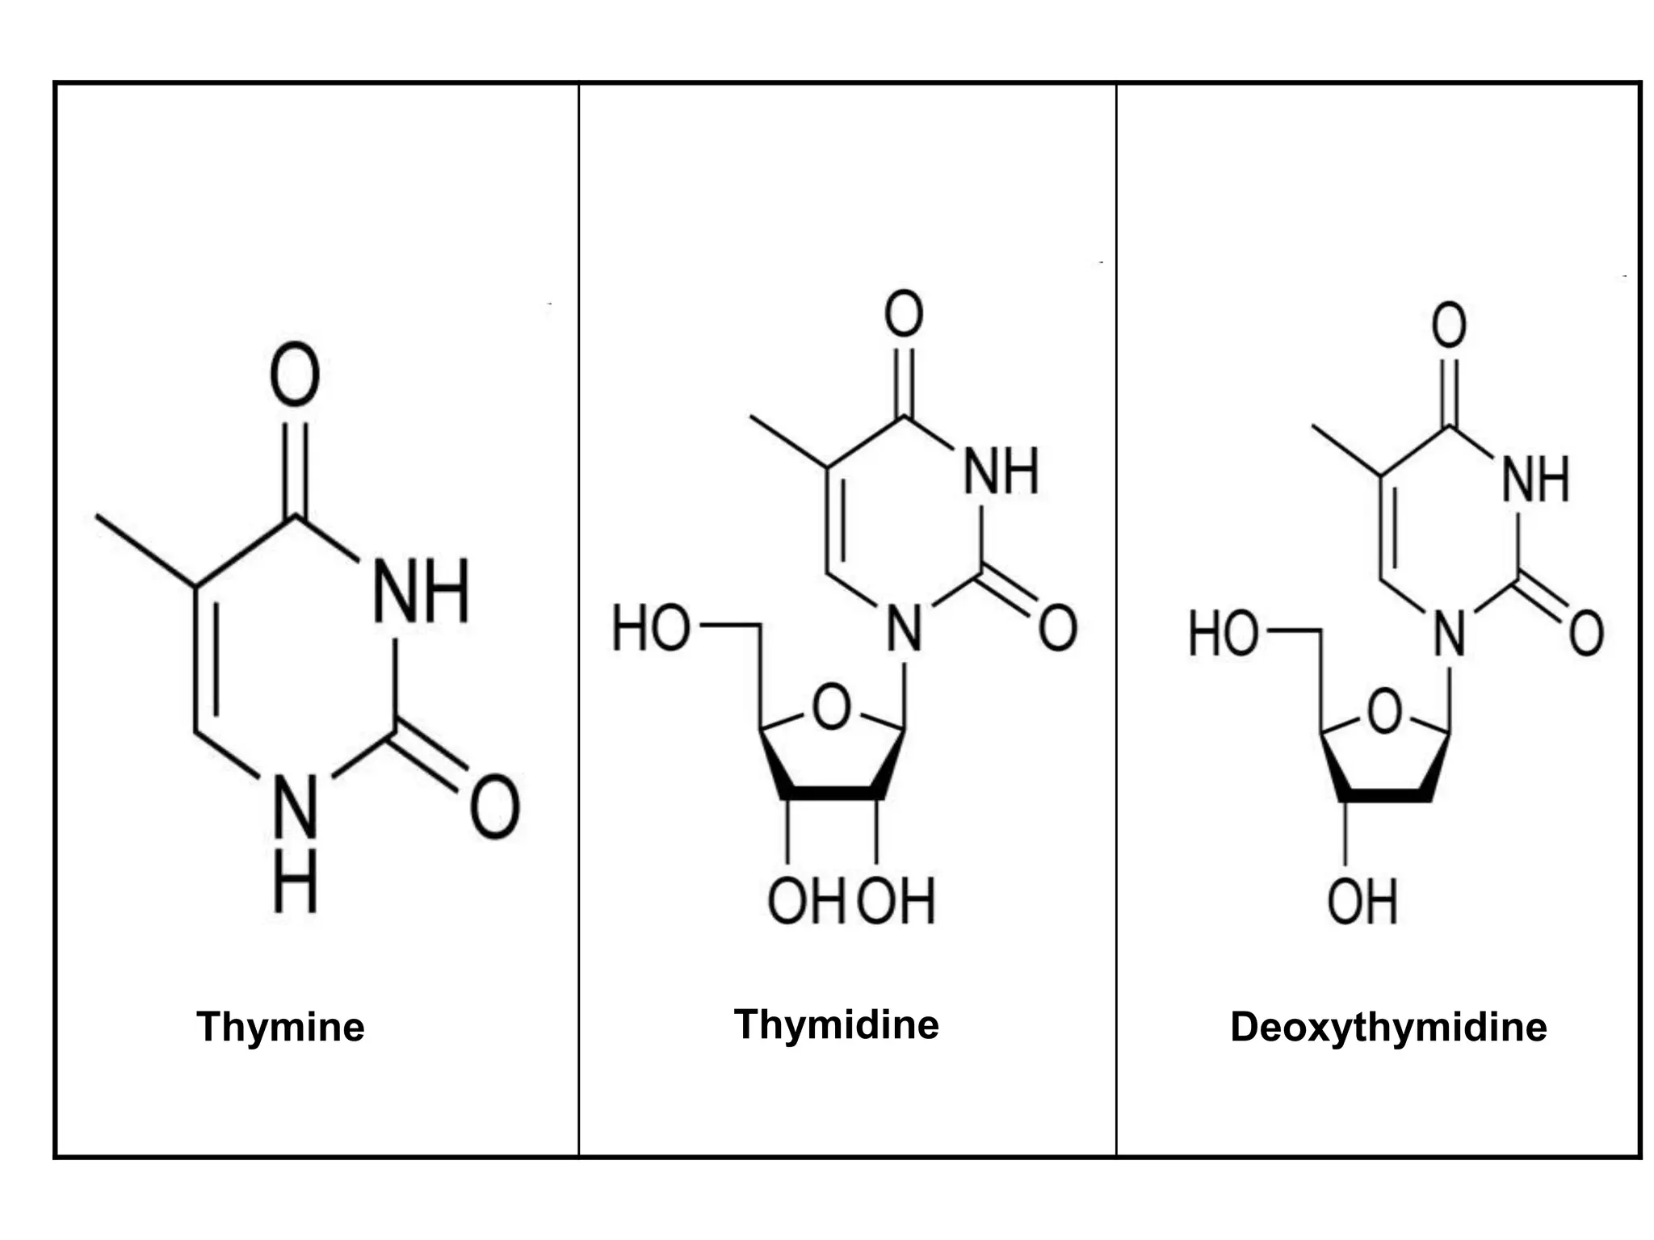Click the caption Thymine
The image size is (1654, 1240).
(280, 1027)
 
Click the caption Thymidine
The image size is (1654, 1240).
(836, 1024)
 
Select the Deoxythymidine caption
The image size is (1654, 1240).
(1387, 1027)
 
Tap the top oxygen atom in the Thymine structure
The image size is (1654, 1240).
(295, 375)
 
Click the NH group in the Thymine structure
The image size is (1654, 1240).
(421, 591)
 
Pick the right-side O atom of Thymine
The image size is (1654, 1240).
(495, 806)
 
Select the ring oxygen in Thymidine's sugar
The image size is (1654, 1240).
(831, 707)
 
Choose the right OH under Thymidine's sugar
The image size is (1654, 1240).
(896, 901)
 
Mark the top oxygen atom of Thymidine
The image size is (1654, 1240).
(904, 314)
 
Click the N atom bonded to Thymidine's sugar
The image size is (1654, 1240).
(905, 629)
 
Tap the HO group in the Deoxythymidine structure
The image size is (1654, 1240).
(1224, 633)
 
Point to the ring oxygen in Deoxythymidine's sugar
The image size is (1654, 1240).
(1385, 711)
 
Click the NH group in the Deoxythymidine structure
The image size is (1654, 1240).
(1535, 480)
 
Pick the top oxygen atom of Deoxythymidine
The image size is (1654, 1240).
(1449, 325)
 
